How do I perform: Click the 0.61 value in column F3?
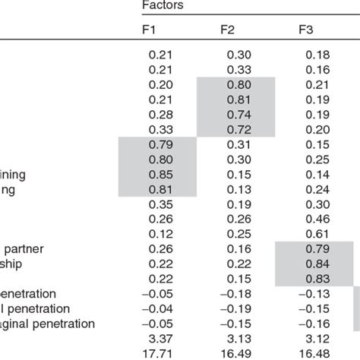[x=317, y=232]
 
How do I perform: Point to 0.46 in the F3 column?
[x=317, y=218]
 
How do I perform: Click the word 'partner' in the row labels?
[x=25, y=248]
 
